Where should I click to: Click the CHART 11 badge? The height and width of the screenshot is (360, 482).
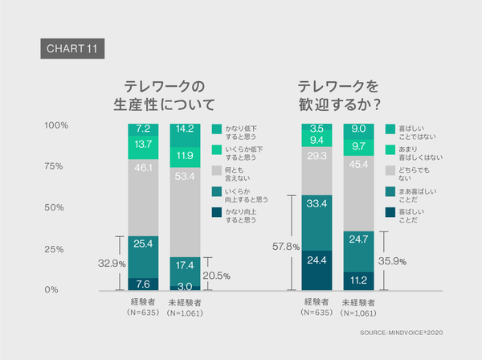(x=71, y=47)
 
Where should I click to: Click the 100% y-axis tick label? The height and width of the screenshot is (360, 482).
(x=55, y=125)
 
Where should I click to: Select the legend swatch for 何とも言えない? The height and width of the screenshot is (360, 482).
(x=216, y=171)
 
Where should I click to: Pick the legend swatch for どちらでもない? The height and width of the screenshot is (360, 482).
(x=390, y=171)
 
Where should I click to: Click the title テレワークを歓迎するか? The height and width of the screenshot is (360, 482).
(x=338, y=96)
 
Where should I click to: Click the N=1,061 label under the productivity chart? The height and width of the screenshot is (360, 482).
(x=185, y=313)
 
